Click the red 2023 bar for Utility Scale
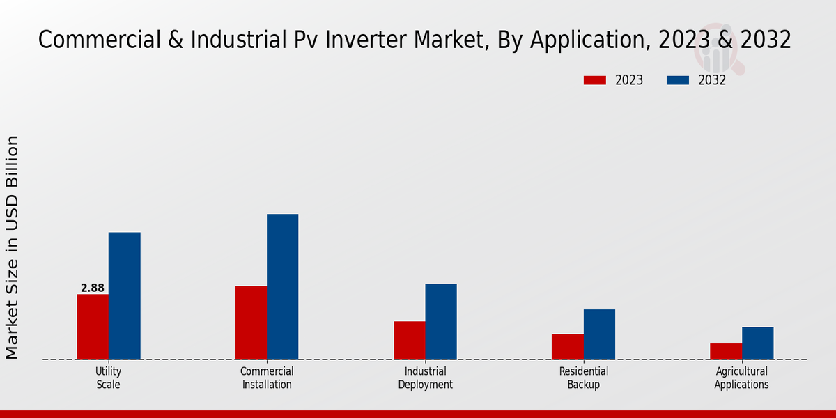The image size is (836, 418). point(93,327)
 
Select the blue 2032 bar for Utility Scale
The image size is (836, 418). point(124,296)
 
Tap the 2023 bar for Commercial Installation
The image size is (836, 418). point(251,323)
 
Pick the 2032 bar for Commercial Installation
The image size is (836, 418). point(282,286)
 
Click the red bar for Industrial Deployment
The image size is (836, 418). point(409,340)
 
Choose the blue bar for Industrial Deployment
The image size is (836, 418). point(441,322)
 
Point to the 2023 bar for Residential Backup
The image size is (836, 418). point(567,346)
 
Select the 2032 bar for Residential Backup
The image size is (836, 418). point(599,334)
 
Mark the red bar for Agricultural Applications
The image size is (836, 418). point(726,351)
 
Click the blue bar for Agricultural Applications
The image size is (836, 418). point(757,343)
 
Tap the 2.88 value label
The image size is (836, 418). point(93,288)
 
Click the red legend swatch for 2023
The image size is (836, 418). point(594,80)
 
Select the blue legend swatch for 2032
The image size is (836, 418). point(678,80)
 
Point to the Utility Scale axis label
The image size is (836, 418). point(108,378)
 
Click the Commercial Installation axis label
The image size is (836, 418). point(267,378)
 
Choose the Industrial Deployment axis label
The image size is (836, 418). point(425,378)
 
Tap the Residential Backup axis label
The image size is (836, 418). point(583,378)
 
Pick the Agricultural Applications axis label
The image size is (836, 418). point(741,378)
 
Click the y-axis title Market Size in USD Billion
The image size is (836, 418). point(13,247)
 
